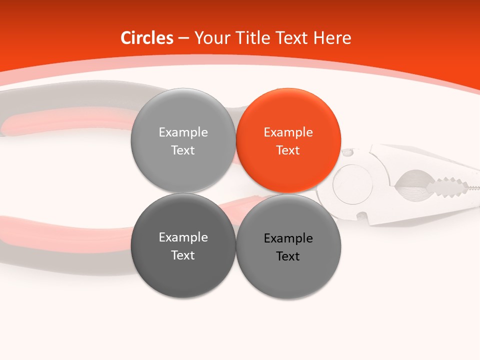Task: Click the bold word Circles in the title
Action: pyautogui.click(x=147, y=38)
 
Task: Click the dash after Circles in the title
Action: pyautogui.click(x=183, y=38)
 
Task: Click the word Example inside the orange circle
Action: pyautogui.click(x=288, y=132)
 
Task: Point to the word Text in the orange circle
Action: pyautogui.click(x=288, y=150)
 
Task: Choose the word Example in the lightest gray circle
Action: pyautogui.click(x=183, y=132)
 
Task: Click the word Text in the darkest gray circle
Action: pyautogui.click(x=183, y=255)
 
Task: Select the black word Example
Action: pyautogui.click(x=288, y=238)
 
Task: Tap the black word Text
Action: pyautogui.click(x=288, y=256)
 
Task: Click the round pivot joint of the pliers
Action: pyautogui.click(x=352, y=184)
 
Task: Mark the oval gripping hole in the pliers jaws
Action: pyautogui.click(x=412, y=184)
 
